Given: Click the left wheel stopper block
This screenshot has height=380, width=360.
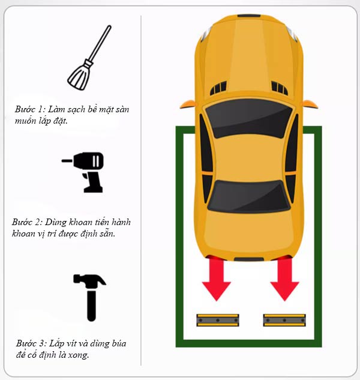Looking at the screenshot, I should click(x=218, y=320).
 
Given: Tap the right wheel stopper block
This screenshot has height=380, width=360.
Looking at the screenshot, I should click(x=284, y=320).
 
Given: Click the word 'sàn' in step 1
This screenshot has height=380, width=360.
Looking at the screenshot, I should click(x=122, y=109).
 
